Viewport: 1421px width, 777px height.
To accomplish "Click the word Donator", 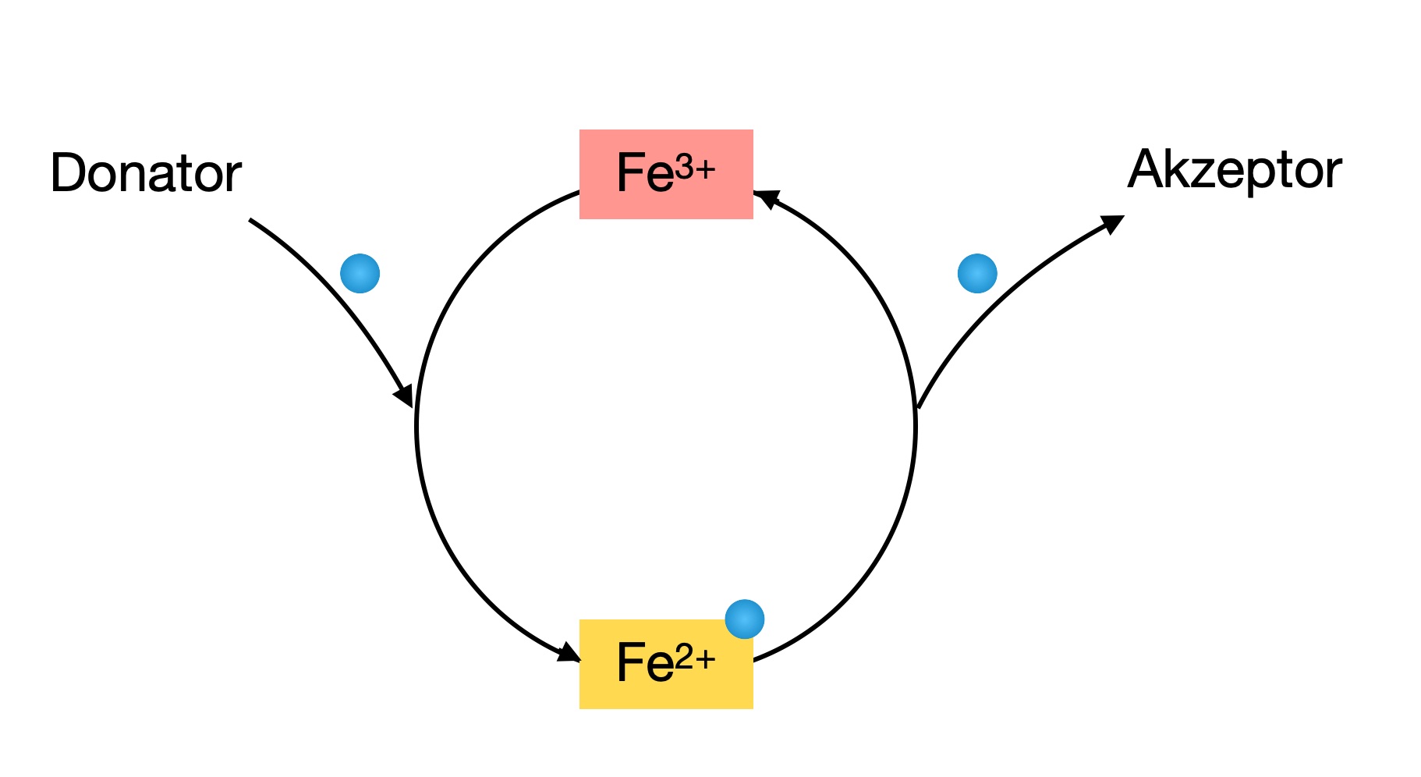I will coord(145,173).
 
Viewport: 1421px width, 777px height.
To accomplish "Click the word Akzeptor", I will coord(1234,170).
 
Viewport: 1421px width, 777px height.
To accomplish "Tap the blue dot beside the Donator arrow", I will coord(360,273).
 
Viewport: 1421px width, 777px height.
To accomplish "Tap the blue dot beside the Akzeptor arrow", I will coord(976,273).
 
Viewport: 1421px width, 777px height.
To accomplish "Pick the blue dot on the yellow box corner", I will coord(744,619).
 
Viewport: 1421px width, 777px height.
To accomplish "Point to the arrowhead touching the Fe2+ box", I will coord(568,651).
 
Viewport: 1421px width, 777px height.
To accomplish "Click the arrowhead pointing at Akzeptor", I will coord(1113,224).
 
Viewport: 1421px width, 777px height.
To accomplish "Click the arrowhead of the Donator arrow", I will coord(403,396).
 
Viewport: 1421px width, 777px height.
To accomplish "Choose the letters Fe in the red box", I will coord(644,173).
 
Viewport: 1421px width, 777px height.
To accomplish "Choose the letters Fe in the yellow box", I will coord(644,663).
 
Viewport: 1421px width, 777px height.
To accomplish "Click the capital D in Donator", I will coord(68,173).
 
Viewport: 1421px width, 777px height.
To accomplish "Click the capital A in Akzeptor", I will coord(1145,169).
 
